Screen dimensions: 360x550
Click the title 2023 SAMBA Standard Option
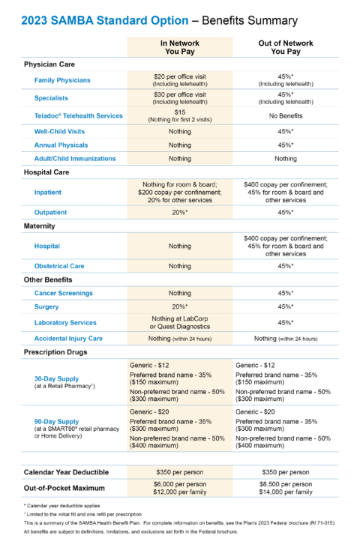point(104,20)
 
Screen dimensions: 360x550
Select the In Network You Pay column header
point(179,48)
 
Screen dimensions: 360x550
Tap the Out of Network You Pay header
point(285,48)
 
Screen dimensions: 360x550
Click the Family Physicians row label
point(62,80)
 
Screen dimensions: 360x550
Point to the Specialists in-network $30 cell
point(179,98)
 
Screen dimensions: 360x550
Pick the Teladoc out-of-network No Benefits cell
point(285,116)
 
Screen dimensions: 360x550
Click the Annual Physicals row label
point(61,145)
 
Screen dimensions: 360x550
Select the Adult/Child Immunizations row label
point(75,159)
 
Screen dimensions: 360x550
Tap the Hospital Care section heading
point(46,172)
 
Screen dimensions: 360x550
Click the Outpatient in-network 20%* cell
point(179,212)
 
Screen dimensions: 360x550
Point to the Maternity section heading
point(40,226)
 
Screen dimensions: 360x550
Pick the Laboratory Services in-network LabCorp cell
point(179,323)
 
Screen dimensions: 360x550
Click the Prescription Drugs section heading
point(56,351)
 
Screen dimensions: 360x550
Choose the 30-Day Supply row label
point(57,379)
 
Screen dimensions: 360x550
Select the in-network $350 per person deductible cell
point(179,472)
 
